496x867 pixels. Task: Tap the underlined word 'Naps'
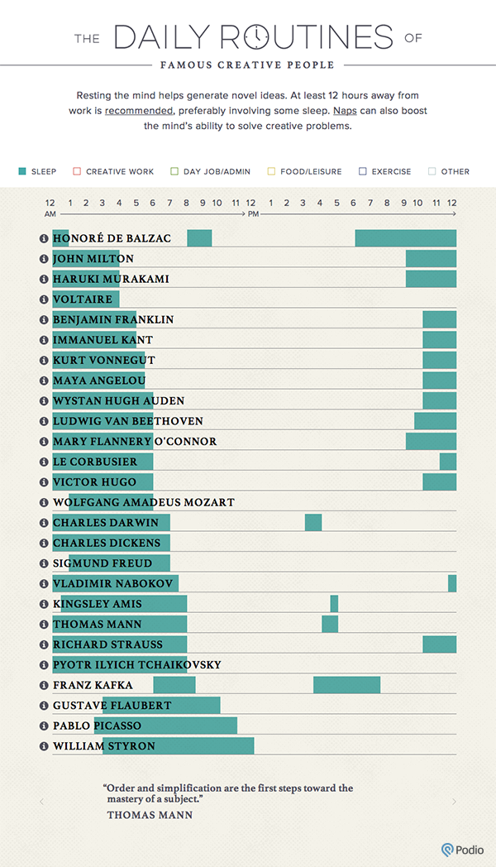(345, 110)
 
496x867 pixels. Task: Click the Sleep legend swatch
(22, 171)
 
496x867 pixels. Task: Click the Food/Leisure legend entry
(300, 171)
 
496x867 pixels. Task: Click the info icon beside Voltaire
(45, 299)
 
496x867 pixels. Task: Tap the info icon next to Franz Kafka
(45, 685)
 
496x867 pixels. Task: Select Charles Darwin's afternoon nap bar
(313, 522)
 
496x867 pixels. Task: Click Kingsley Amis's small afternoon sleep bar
(334, 603)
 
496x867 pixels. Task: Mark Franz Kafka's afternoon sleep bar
(346, 684)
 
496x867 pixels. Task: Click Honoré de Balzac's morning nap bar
(199, 238)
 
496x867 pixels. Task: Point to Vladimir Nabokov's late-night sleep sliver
(452, 583)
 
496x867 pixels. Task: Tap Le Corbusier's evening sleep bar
(447, 462)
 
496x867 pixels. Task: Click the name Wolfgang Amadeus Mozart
(144, 502)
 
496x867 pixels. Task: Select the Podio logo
(463, 850)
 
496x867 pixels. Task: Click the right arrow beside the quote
(454, 802)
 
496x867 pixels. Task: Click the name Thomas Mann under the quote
(150, 815)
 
